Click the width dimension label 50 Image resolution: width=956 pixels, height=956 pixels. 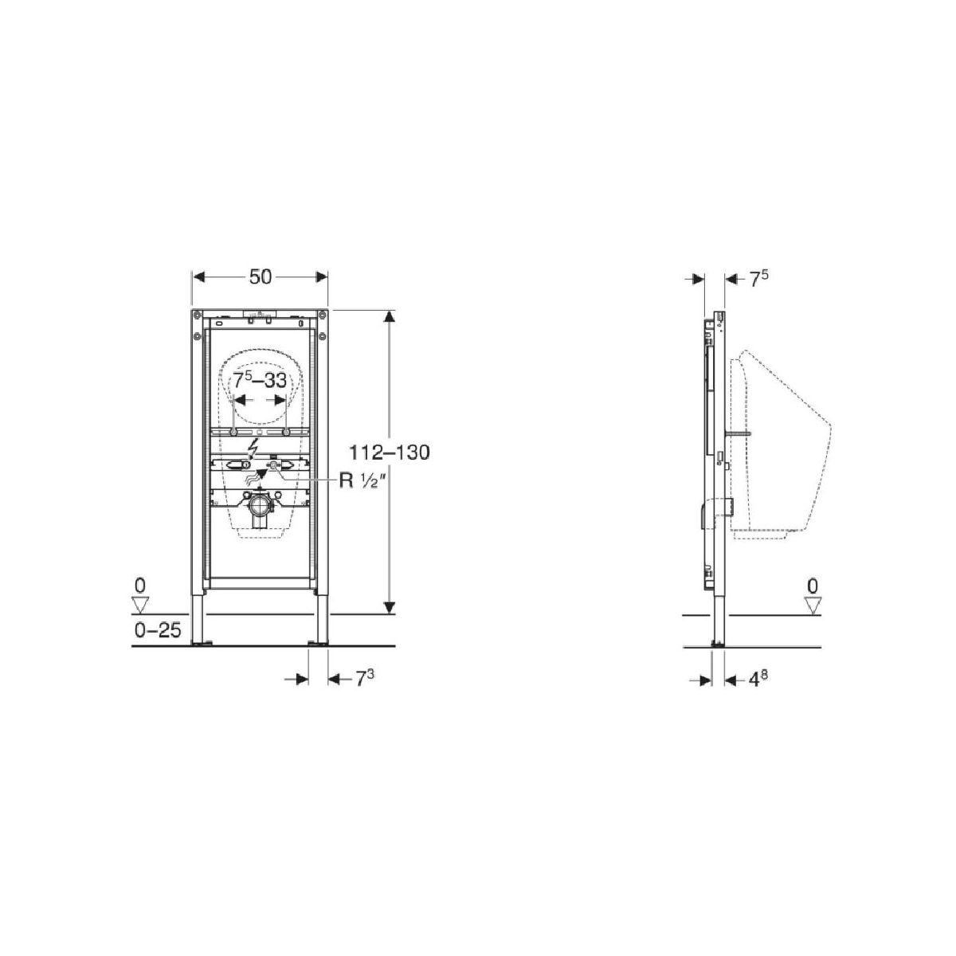coord(260,276)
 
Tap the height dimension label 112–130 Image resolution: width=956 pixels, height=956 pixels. coord(389,453)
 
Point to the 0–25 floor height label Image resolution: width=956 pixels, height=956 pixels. coord(157,630)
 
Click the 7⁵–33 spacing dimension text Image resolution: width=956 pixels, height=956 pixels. coord(260,381)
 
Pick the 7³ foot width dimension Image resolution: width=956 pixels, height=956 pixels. coord(365,678)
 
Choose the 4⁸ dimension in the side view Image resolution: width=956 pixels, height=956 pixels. coord(754,680)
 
